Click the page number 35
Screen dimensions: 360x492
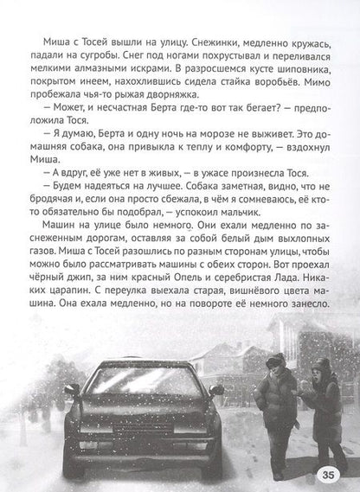pos(333,475)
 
